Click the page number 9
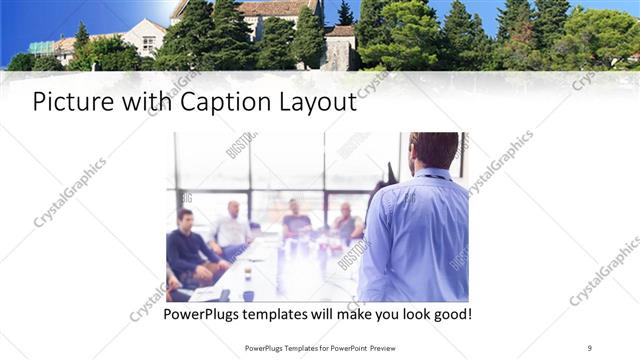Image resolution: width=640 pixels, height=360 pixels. coord(590,347)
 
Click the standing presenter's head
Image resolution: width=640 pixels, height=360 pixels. coord(434,150)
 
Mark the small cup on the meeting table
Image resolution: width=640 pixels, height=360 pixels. coord(224,295)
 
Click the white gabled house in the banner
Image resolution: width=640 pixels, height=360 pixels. coord(142,38)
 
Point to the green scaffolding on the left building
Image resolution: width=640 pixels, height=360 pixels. coord(42,47)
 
